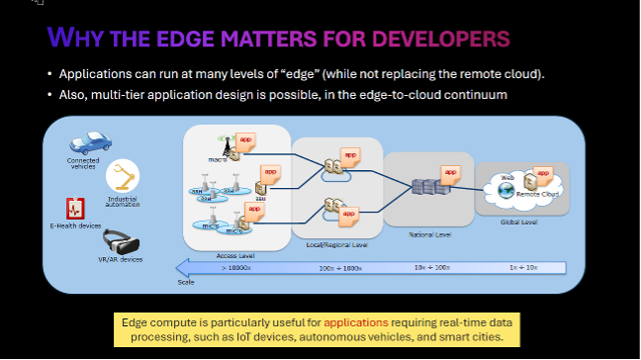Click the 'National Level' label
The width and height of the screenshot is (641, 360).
point(429,234)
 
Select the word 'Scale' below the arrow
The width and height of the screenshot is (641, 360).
point(187,281)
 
